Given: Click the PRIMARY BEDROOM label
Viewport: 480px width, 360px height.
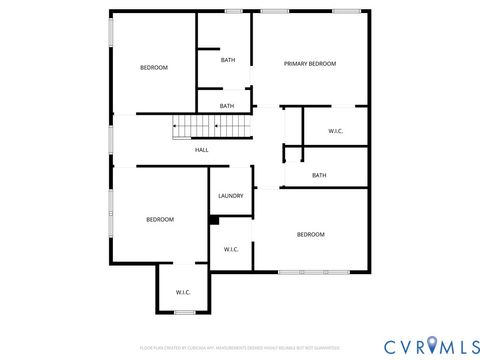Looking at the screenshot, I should click(309, 63).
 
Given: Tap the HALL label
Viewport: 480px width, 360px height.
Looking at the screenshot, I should click(201, 150).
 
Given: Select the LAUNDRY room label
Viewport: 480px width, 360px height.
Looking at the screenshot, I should click(230, 196).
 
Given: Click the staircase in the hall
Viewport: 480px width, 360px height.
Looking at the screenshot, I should click(209, 127).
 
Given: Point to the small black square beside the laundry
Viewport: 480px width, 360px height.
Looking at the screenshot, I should click(214, 221).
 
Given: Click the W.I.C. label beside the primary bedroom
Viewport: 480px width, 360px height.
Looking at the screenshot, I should click(337, 131).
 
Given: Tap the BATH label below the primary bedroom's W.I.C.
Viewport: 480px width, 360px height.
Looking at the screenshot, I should click(319, 175).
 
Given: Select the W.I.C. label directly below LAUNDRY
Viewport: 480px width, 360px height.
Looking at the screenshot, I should click(230, 250).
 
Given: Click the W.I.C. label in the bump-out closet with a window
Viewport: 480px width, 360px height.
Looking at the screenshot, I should click(183, 292).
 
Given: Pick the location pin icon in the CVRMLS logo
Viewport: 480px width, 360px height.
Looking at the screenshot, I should click(431, 345).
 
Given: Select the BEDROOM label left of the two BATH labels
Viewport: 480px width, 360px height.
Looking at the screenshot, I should click(153, 67).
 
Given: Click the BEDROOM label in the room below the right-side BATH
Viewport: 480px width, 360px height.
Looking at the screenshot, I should click(310, 234).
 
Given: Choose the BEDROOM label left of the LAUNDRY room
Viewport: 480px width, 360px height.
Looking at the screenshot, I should click(160, 219).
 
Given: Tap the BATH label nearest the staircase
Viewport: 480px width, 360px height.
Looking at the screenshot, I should click(227, 106).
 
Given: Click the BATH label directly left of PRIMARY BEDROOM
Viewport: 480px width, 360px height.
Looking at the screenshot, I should click(228, 60).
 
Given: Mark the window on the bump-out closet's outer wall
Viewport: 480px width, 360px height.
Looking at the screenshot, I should click(184, 313).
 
